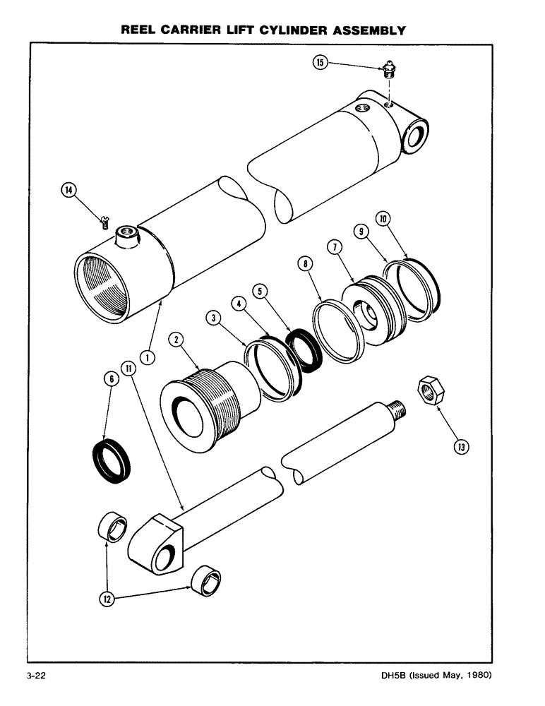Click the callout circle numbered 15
pyautogui.click(x=321, y=63)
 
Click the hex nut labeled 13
pyautogui.click(x=429, y=390)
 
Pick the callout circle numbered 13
pyautogui.click(x=461, y=446)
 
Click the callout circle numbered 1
pyautogui.click(x=148, y=357)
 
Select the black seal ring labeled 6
pyautogui.click(x=113, y=461)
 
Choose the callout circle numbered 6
pyautogui.click(x=109, y=379)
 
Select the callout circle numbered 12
pyautogui.click(x=108, y=599)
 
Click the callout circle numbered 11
pyautogui.click(x=127, y=367)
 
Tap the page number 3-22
pyautogui.click(x=37, y=676)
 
